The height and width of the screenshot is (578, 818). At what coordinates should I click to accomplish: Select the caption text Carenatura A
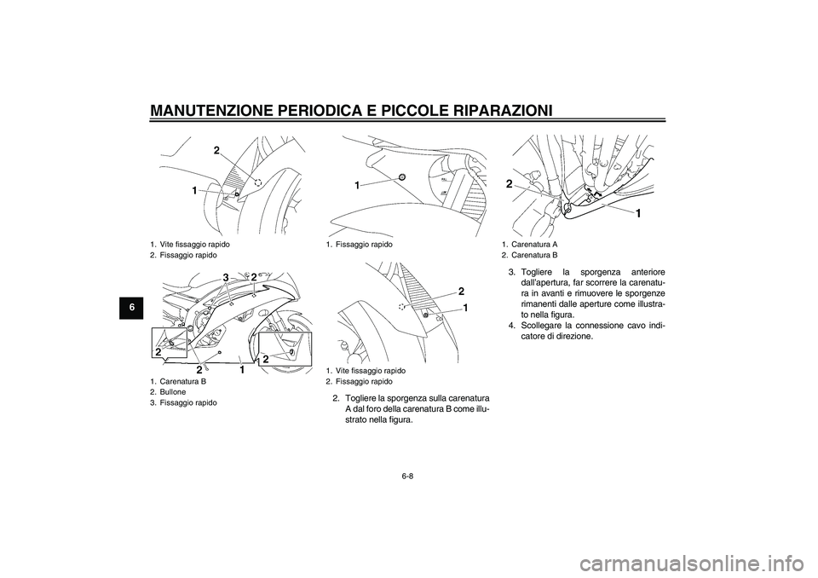pyautogui.click(x=534, y=244)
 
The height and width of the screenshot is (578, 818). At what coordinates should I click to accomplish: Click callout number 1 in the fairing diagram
pyautogui.click(x=241, y=370)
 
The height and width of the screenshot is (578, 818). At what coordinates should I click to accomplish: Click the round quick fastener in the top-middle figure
pyautogui.click(x=401, y=176)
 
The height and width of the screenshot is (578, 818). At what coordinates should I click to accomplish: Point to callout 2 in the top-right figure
pyautogui.click(x=509, y=183)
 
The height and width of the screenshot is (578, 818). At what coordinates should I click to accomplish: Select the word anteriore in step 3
pyautogui.click(x=645, y=273)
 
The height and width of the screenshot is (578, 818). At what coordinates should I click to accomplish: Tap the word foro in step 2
pyautogui.click(x=383, y=409)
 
